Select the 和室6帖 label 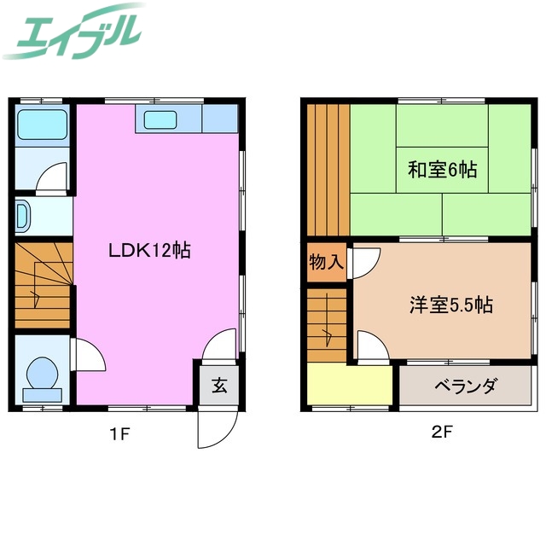click(441, 169)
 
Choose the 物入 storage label click(326, 262)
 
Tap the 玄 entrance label click(219, 386)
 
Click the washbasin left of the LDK click(22, 216)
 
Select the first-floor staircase click(42, 285)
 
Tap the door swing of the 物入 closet click(362, 261)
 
